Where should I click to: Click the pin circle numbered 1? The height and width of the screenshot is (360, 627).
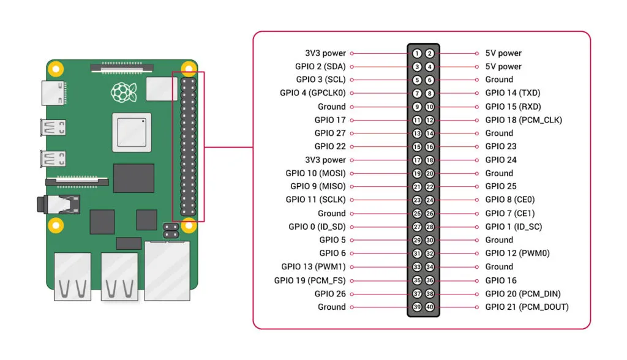click(x=417, y=53)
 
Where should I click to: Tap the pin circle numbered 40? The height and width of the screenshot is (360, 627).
click(x=430, y=307)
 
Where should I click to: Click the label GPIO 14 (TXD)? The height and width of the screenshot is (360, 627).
click(x=512, y=93)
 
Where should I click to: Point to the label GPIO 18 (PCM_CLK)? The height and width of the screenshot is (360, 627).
click(x=524, y=120)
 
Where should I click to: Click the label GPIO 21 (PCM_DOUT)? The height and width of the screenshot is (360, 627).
click(x=527, y=307)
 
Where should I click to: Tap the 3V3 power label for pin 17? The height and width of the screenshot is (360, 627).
click(x=325, y=160)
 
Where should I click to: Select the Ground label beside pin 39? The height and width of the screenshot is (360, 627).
click(x=331, y=307)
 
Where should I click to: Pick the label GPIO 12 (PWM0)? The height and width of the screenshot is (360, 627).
click(x=517, y=253)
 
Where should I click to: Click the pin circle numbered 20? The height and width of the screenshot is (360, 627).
click(x=430, y=173)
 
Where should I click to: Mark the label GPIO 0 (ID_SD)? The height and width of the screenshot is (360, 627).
click(x=317, y=227)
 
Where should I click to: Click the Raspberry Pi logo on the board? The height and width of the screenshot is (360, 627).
click(x=121, y=92)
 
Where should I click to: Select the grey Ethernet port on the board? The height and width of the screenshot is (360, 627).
click(x=167, y=270)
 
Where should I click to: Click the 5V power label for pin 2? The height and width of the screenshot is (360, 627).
click(x=503, y=53)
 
